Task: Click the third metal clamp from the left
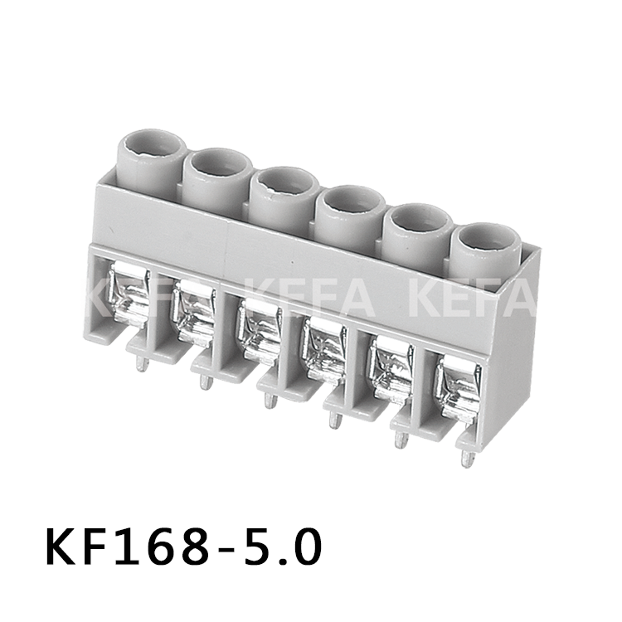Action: click(258, 331)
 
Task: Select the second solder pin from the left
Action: click(205, 381)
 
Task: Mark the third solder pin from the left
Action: click(269, 400)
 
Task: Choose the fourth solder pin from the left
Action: click(334, 420)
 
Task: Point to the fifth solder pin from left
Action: click(401, 440)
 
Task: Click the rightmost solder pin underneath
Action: click(469, 459)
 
